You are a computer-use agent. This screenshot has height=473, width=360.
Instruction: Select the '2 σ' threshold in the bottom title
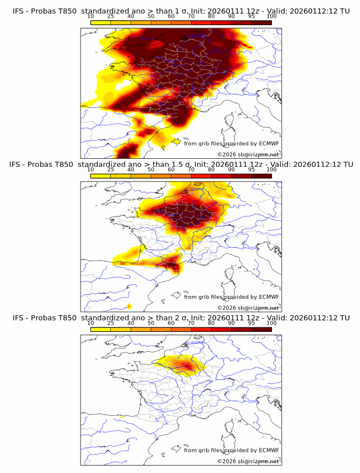click(167, 318)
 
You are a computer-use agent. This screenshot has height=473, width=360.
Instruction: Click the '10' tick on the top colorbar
click(90, 17)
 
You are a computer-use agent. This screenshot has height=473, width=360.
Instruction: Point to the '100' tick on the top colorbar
click(271, 17)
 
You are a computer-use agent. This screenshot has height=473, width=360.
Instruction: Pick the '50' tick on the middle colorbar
click(151, 170)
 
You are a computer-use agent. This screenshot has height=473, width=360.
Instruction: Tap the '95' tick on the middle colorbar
click(251, 170)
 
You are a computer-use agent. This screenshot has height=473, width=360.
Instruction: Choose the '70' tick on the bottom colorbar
click(191, 323)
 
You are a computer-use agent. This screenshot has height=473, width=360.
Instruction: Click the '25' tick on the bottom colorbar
click(110, 323)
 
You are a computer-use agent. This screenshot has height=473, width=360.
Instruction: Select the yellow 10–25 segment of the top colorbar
click(100, 23)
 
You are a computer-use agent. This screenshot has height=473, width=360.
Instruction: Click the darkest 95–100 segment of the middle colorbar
click(261, 176)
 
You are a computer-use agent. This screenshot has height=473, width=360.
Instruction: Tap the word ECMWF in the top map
click(269, 143)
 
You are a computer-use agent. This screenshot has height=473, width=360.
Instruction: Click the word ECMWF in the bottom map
click(269, 450)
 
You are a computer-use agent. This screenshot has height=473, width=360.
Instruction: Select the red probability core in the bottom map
click(186, 364)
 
